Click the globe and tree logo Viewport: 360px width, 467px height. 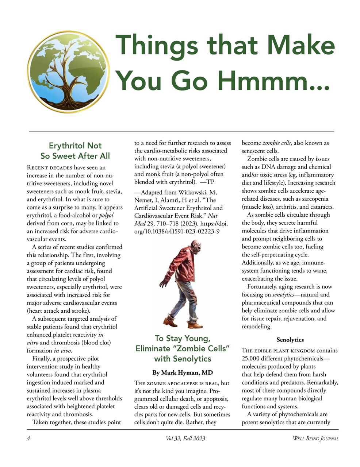(x=68, y=72)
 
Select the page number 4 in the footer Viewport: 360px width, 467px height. (x=28, y=439)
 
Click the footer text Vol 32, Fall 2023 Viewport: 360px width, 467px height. (x=185, y=439)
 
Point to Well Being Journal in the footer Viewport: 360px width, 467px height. (x=315, y=439)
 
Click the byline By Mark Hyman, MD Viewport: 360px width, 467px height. (x=183, y=373)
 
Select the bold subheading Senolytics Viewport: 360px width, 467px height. (x=290, y=340)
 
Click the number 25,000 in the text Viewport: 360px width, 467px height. (x=252, y=358)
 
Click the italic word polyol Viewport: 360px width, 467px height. (x=106, y=215)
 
